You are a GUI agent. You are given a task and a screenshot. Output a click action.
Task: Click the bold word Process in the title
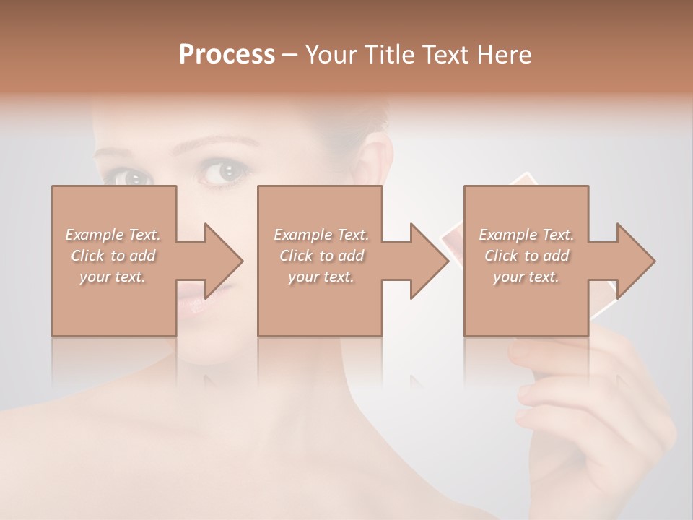pyautogui.click(x=227, y=55)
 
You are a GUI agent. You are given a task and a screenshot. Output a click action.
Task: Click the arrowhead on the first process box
pyautogui.click(x=223, y=261)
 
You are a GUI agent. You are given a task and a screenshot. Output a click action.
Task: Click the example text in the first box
pyautogui.click(x=113, y=256)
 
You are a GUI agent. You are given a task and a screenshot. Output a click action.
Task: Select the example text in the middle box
pyautogui.click(x=321, y=256)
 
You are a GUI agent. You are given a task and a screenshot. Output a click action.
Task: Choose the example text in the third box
pyautogui.click(x=526, y=256)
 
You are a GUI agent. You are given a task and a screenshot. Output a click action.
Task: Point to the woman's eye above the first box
pyautogui.click(x=131, y=175)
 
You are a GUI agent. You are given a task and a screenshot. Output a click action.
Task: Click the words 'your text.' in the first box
pyautogui.click(x=113, y=277)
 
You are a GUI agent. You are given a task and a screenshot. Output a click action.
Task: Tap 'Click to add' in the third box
pyautogui.click(x=526, y=256)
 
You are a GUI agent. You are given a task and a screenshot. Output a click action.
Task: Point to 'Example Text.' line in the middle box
pyautogui.click(x=321, y=235)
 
